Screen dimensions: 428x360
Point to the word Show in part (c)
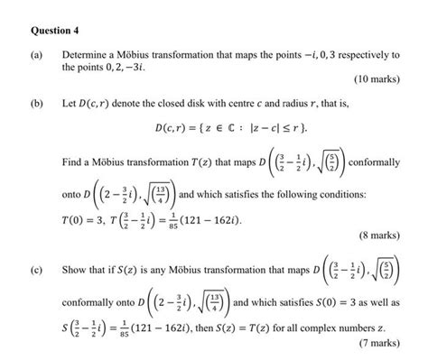(73, 270)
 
